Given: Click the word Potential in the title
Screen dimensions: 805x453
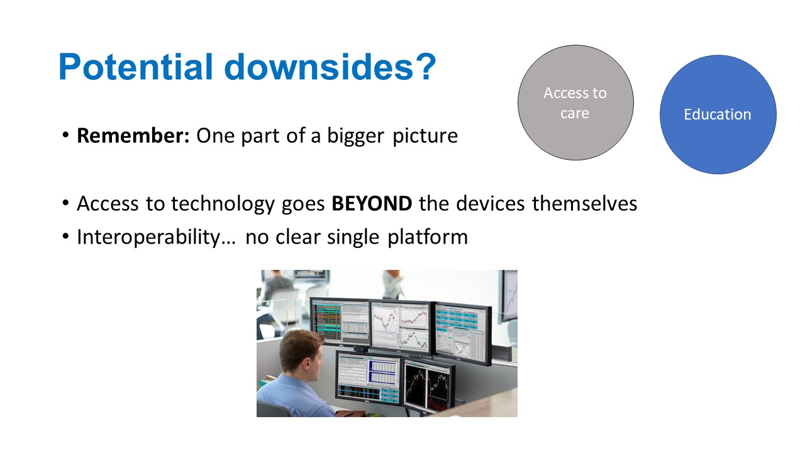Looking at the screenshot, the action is pyautogui.click(x=136, y=67).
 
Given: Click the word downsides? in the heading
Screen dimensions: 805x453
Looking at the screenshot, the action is pyautogui.click(x=330, y=67).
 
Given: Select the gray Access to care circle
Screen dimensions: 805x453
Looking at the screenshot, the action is pyautogui.click(x=575, y=103).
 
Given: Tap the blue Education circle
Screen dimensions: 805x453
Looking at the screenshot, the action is pyautogui.click(x=718, y=115).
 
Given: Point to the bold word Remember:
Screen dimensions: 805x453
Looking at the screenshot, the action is pyautogui.click(x=133, y=135).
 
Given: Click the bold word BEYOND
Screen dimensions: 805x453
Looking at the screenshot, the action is pyautogui.click(x=372, y=203).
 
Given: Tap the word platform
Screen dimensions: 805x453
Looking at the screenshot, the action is pyautogui.click(x=428, y=237).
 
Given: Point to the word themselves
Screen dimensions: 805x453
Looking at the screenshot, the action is pyautogui.click(x=584, y=203).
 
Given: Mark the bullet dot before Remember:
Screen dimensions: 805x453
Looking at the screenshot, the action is pyautogui.click(x=65, y=135).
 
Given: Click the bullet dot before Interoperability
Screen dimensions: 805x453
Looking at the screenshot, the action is pyautogui.click(x=65, y=237).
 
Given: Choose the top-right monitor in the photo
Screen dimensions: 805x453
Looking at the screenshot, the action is pyautogui.click(x=462, y=333).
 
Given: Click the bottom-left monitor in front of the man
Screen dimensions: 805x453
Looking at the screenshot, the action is pyautogui.click(x=369, y=379).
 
